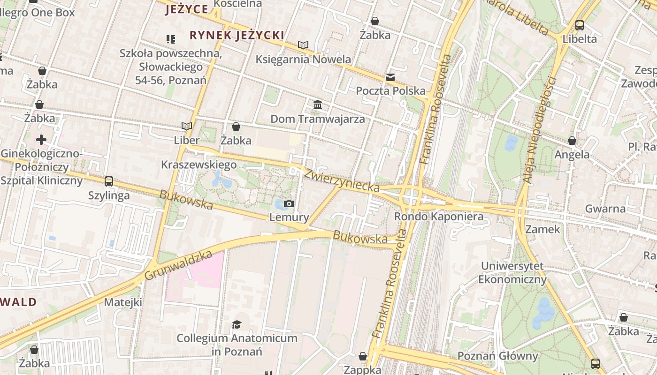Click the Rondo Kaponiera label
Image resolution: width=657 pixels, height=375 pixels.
point(438,217)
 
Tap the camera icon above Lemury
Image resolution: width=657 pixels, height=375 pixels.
point(289,203)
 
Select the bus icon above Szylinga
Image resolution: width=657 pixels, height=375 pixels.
point(109,181)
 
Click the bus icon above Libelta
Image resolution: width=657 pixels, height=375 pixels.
point(580,25)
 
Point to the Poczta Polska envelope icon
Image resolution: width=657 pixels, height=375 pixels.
point(390,77)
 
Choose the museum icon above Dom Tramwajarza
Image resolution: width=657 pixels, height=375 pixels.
point(318,105)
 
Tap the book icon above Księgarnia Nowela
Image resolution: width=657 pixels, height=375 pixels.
point(303,45)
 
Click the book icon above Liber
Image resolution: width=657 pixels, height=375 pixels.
point(187,126)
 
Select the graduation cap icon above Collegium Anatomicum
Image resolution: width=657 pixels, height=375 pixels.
point(237,324)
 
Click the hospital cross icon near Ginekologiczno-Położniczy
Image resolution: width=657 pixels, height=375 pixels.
point(41,139)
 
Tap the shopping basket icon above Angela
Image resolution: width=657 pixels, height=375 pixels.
point(572,141)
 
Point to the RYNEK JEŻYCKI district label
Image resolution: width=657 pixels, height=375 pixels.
point(237,35)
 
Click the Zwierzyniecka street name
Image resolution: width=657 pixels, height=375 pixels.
point(342,180)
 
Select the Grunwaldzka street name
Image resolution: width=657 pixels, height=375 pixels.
point(178,265)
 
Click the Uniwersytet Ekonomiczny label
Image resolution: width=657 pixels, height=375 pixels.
point(512,273)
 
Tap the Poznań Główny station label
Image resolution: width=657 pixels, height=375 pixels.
point(497,356)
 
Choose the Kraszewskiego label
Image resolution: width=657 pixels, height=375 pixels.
point(199,165)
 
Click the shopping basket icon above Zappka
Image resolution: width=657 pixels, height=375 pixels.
point(362,356)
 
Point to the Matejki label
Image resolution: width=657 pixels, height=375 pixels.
point(123,302)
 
